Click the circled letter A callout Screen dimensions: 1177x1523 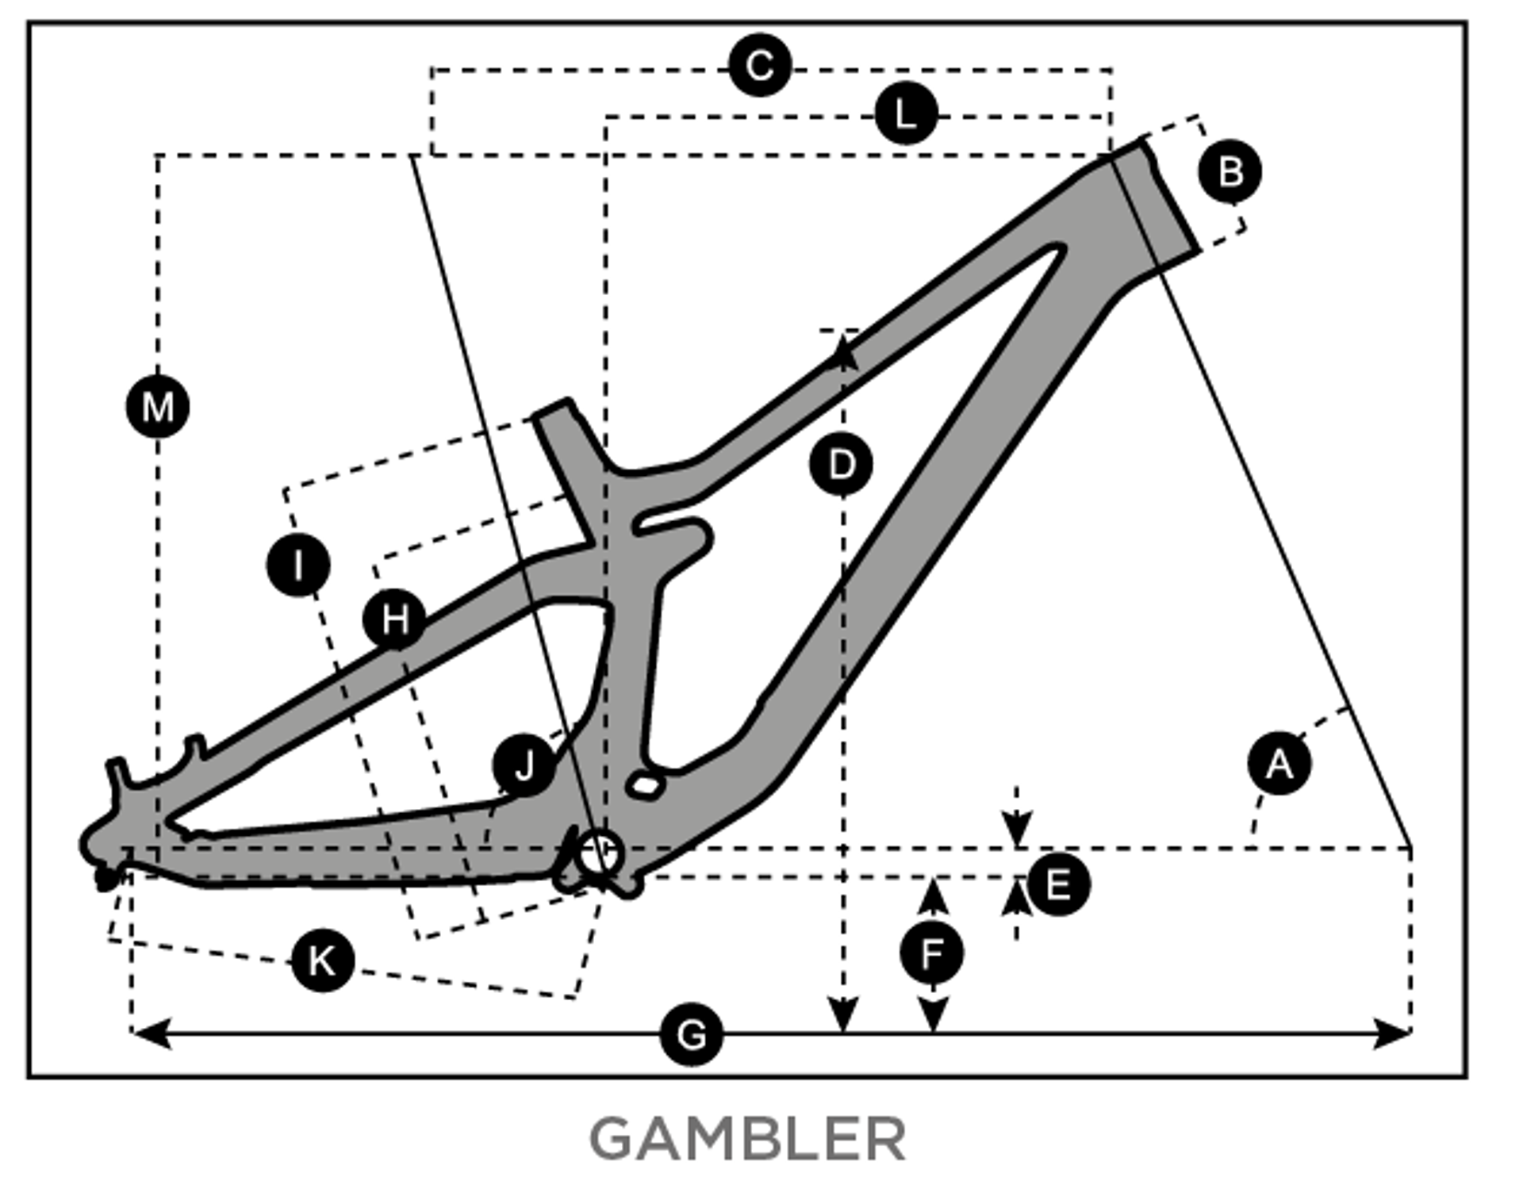pyautogui.click(x=1279, y=764)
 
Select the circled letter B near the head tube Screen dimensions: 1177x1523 pyautogui.click(x=1230, y=171)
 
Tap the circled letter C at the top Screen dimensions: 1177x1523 pyautogui.click(x=760, y=65)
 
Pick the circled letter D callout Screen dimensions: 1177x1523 pyautogui.click(x=841, y=464)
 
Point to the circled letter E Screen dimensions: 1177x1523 pyautogui.click(x=1058, y=884)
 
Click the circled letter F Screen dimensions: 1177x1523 pyautogui.click(x=932, y=953)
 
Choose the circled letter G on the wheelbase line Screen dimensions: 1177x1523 pyautogui.click(x=692, y=1034)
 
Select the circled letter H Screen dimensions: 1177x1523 pyautogui.click(x=394, y=619)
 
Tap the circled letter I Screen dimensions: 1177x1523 pyautogui.click(x=298, y=565)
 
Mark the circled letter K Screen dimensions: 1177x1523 pyautogui.click(x=322, y=960)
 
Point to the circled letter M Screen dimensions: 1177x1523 pyautogui.click(x=158, y=407)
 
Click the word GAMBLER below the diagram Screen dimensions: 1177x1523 pyautogui.click(x=747, y=1139)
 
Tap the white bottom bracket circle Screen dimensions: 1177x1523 pyautogui.click(x=599, y=855)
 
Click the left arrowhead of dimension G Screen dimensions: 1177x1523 pyautogui.click(x=151, y=1033)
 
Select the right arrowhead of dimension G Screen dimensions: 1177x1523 pyautogui.click(x=1393, y=1033)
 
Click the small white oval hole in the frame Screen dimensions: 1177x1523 pyautogui.click(x=646, y=786)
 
